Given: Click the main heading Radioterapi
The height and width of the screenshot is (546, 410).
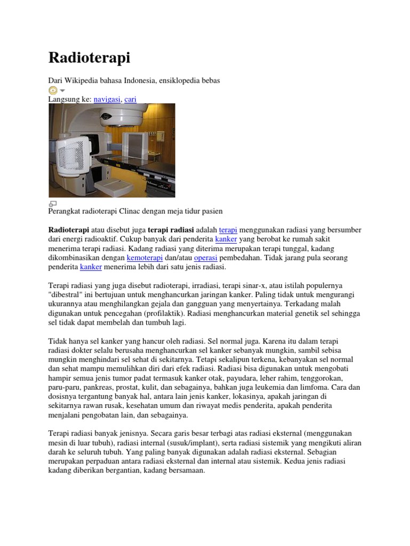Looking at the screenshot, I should (x=89, y=58).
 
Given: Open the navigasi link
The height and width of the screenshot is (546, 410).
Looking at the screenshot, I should (x=107, y=99).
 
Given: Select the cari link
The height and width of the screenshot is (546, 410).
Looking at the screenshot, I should (x=130, y=99).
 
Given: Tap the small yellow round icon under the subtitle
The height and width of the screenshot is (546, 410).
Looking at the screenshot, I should (x=52, y=90).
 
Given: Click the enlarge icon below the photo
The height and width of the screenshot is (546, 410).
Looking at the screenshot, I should (x=52, y=204).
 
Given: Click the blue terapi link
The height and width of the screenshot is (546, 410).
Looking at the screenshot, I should (x=228, y=230).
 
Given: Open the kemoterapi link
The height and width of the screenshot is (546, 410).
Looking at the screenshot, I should (x=145, y=258).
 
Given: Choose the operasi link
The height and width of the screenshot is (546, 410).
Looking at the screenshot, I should (x=206, y=258).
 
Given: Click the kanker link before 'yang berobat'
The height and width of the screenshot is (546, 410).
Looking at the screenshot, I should (x=226, y=239).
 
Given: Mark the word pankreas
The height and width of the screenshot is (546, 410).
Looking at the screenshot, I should (x=101, y=387).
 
